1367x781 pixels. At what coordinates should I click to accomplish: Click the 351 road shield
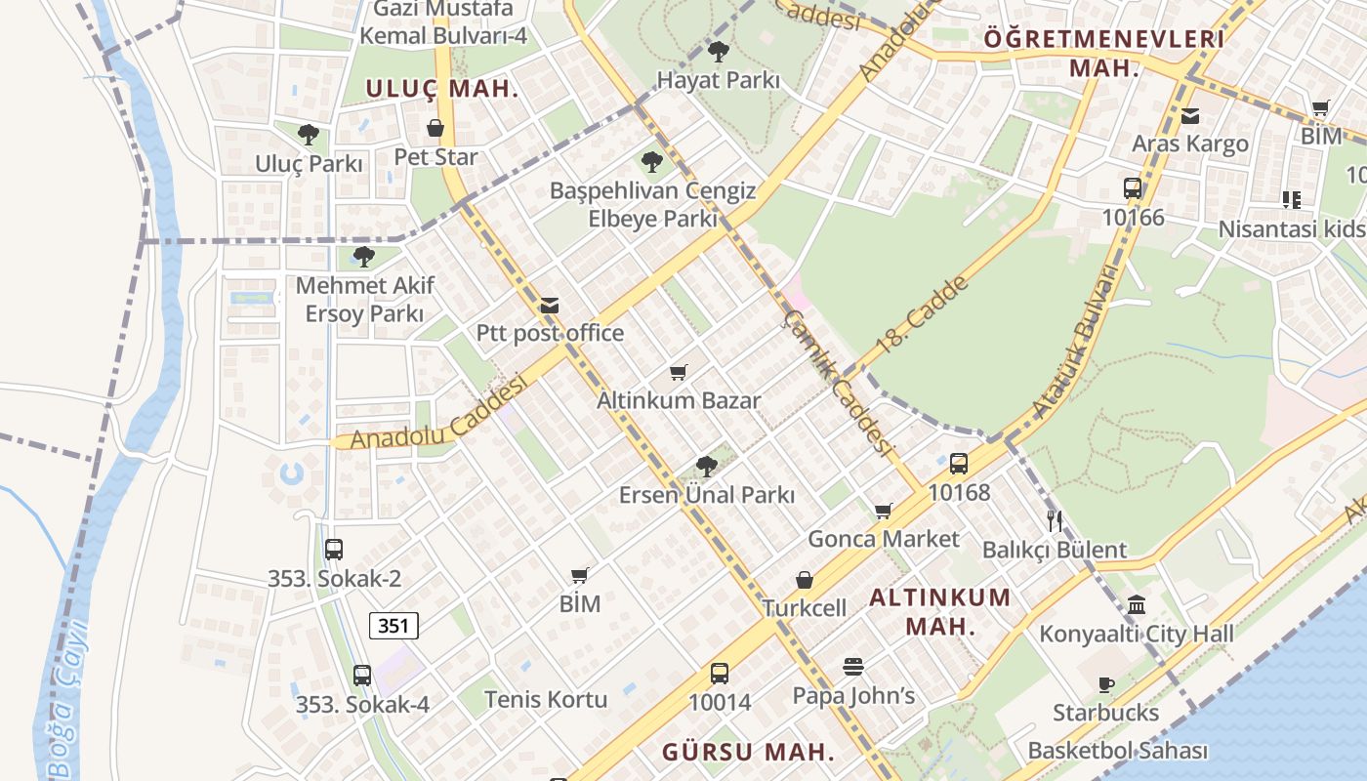pyautogui.click(x=394, y=626)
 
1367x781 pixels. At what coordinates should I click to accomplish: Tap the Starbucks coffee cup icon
pyautogui.click(x=1106, y=684)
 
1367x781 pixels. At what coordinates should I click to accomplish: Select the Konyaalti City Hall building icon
pyautogui.click(x=1137, y=605)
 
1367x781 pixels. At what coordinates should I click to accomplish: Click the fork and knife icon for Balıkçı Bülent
pyautogui.click(x=1054, y=520)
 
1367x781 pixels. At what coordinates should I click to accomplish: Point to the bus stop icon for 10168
pyautogui.click(x=959, y=464)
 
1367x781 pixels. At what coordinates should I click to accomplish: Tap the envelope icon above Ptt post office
pyautogui.click(x=550, y=306)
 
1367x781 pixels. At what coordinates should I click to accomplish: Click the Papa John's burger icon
pyautogui.click(x=853, y=667)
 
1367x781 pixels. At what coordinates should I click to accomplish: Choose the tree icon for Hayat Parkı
pyautogui.click(x=719, y=52)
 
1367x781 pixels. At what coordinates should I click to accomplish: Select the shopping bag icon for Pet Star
pyautogui.click(x=435, y=129)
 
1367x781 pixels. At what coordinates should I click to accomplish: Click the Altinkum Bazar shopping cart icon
pyautogui.click(x=679, y=372)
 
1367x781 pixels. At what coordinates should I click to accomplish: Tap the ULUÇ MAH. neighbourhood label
pyautogui.click(x=442, y=89)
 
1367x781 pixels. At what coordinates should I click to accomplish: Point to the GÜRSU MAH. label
pyautogui.click(x=749, y=753)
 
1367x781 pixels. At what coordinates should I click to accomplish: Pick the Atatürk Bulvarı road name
pyautogui.click(x=1074, y=342)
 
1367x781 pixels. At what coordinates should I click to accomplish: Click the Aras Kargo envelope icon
pyautogui.click(x=1190, y=116)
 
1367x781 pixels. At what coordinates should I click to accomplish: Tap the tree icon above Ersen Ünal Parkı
pyautogui.click(x=707, y=467)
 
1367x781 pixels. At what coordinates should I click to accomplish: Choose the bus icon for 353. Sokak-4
pyautogui.click(x=362, y=675)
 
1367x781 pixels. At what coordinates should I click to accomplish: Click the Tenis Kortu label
pyautogui.click(x=546, y=700)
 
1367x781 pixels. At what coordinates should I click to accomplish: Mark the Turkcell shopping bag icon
pyautogui.click(x=805, y=580)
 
